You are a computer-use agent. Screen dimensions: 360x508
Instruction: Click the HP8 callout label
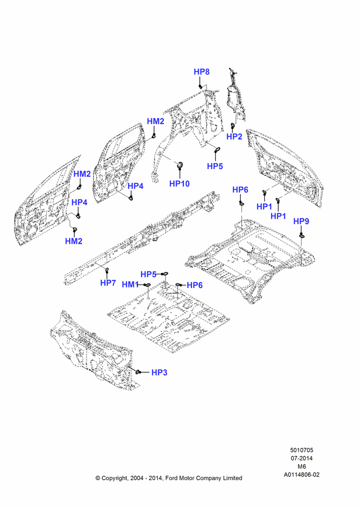201,72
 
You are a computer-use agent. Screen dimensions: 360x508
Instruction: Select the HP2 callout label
234,136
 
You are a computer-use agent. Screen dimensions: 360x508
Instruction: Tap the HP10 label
179,184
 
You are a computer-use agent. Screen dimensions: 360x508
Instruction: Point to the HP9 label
301,221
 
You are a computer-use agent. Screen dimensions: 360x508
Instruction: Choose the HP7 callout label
108,283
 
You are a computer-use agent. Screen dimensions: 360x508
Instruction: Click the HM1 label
130,284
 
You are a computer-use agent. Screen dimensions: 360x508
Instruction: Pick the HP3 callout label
159,372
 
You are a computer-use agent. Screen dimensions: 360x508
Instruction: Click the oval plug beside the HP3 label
137,372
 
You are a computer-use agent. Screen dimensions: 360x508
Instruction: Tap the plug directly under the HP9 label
302,236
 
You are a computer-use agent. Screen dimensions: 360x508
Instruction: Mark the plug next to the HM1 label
146,285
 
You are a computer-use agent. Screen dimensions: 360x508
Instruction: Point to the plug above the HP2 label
232,125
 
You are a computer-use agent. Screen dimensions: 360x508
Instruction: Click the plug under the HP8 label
201,86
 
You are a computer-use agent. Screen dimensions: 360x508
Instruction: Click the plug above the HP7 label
107,270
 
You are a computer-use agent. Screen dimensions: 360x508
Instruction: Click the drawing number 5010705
302,450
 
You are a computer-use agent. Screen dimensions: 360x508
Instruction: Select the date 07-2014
302,458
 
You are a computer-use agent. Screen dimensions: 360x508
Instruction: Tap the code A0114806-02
302,474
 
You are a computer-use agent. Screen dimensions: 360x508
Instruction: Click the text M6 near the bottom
302,466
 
